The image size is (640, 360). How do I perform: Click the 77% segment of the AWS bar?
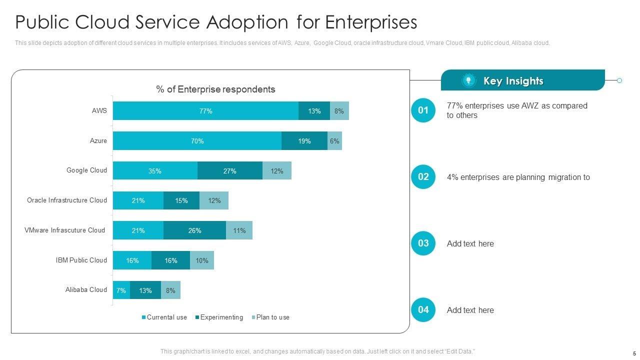[x=205, y=111]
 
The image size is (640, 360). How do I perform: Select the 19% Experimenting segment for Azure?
[x=304, y=141]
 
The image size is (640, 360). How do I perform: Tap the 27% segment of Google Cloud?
[x=229, y=171]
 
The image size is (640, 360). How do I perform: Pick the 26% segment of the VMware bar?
[x=194, y=230]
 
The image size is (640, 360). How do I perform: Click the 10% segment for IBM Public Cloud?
[x=202, y=260]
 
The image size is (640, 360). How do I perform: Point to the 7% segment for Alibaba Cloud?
[x=121, y=290]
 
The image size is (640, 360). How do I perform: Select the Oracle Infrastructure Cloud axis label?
[x=66, y=200]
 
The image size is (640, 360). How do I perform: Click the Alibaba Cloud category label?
[x=86, y=290]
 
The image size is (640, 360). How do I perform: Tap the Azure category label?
[x=98, y=141]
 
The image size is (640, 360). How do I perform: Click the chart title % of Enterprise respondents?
[x=215, y=89]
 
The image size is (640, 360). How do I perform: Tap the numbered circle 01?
[x=423, y=110]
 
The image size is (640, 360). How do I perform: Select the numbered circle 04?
[x=423, y=310]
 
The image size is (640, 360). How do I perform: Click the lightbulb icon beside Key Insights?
[x=468, y=81]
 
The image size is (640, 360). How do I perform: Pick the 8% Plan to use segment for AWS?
[x=339, y=111]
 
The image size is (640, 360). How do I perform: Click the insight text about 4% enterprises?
[x=518, y=177]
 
